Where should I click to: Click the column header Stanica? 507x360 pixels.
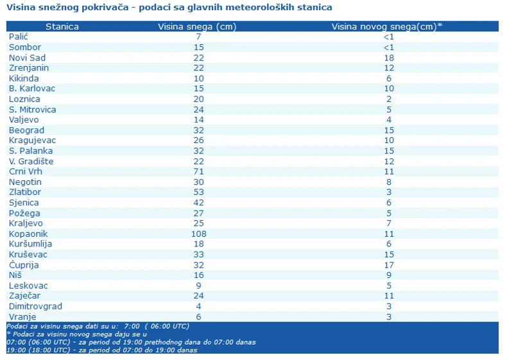click(62, 26)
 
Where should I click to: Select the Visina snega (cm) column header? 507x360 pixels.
click(198, 26)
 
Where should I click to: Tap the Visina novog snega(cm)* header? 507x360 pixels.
click(387, 26)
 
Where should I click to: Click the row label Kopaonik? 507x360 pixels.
click(28, 234)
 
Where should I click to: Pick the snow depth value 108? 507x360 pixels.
click(198, 234)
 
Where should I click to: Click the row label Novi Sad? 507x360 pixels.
click(27, 58)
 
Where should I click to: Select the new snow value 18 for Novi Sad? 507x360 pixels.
click(388, 58)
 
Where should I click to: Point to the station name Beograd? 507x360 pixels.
click(26, 130)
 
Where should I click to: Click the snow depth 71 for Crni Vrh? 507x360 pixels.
click(198, 172)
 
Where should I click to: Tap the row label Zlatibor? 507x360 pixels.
click(24, 193)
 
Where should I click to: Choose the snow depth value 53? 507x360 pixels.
click(198, 193)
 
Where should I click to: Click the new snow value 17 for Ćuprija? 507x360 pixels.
click(388, 265)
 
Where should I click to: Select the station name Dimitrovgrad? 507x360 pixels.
click(35, 307)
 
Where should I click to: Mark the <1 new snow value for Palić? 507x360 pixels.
click(388, 37)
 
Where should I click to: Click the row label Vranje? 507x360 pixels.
click(22, 317)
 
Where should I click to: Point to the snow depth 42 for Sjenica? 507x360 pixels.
click(198, 203)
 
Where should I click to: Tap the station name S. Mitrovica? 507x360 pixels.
click(32, 110)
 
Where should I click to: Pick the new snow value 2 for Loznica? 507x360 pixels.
click(388, 99)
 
